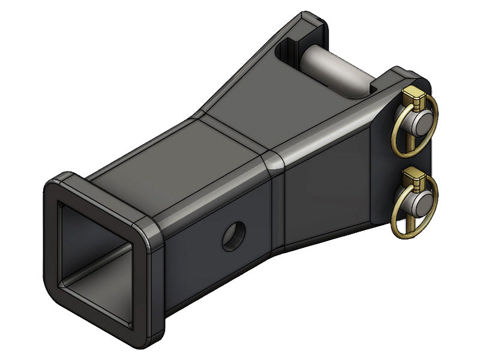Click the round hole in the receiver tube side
[x=233, y=236]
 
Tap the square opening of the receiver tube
[x=96, y=252]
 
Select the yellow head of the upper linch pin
[x=413, y=95]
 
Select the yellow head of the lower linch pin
[x=413, y=177]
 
